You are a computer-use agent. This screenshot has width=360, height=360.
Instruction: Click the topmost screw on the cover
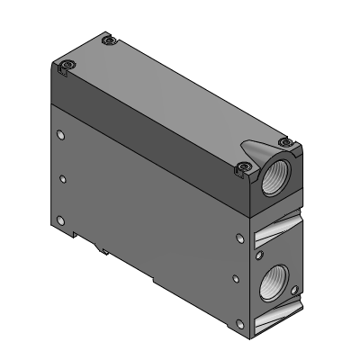coord(108,40)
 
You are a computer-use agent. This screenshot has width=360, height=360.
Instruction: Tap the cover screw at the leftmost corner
coord(67,65)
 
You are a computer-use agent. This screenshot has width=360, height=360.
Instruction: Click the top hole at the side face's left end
coord(60,135)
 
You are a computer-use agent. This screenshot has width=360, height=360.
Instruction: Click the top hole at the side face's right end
coord(239,238)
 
